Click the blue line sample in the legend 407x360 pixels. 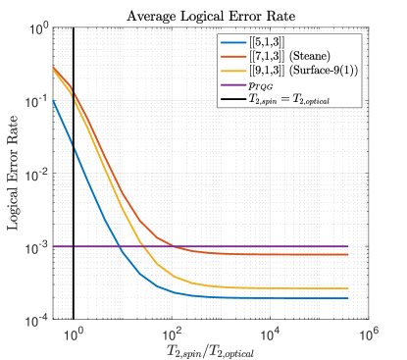[x=235, y=42]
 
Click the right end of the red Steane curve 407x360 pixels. [x=347, y=255]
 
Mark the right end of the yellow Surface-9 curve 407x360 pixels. [x=347, y=288]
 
